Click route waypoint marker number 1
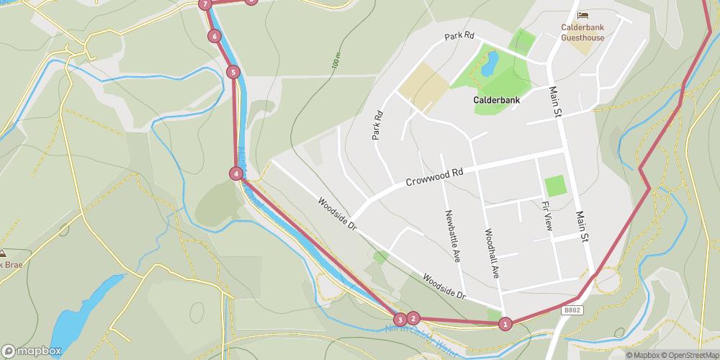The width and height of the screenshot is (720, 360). [505, 324]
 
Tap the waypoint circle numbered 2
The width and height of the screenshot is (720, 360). [413, 318]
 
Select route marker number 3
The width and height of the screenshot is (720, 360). [400, 320]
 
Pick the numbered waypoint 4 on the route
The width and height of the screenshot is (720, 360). [236, 174]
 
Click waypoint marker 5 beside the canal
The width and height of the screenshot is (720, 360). [233, 72]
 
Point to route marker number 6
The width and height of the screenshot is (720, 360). [214, 36]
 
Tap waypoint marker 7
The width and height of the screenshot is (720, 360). [206, 4]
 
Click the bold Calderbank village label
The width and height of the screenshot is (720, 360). [496, 101]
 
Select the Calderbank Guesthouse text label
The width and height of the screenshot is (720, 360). [582, 33]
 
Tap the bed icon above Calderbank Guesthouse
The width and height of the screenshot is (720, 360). [582, 15]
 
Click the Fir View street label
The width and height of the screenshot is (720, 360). [546, 215]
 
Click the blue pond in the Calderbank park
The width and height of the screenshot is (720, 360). [489, 63]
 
